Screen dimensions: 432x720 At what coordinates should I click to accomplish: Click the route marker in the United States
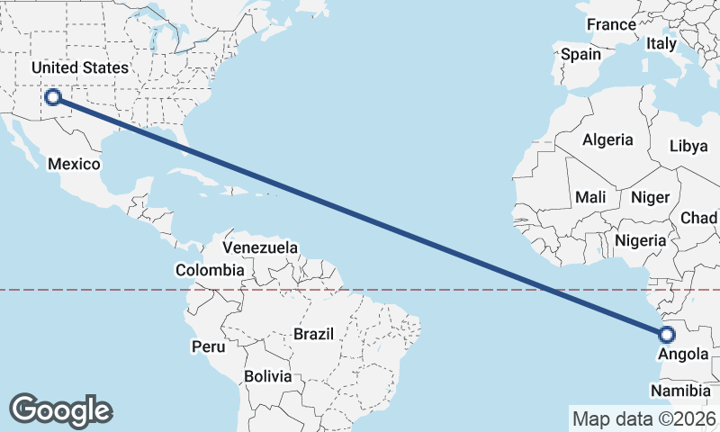pyautogui.click(x=53, y=97)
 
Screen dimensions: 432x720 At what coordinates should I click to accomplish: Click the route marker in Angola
pyautogui.click(x=667, y=335)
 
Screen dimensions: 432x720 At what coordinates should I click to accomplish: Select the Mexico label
pyautogui.click(x=75, y=164)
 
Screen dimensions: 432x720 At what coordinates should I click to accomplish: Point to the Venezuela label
pyautogui.click(x=260, y=247)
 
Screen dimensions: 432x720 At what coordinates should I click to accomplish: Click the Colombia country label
pyautogui.click(x=209, y=270)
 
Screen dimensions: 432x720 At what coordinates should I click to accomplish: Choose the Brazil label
pyautogui.click(x=313, y=334)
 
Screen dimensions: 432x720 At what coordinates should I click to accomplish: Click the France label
pyautogui.click(x=611, y=25)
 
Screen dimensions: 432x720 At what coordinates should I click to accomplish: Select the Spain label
pyautogui.click(x=580, y=54)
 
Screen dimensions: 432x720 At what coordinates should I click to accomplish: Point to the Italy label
pyautogui.click(x=661, y=43)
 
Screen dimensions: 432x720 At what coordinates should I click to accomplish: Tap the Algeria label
pyautogui.click(x=607, y=140)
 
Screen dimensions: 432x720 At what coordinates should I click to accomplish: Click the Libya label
pyautogui.click(x=688, y=146)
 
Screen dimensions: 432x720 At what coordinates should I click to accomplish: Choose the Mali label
pyautogui.click(x=590, y=197)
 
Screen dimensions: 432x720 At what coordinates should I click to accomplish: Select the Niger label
pyautogui.click(x=651, y=197)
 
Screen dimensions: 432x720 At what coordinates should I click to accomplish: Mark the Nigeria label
pyautogui.click(x=640, y=240)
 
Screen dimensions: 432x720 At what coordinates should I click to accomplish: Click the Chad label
pyautogui.click(x=699, y=218)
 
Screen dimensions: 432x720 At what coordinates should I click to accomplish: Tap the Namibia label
pyautogui.click(x=681, y=391)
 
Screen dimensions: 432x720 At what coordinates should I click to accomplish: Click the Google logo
pyautogui.click(x=60, y=410)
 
